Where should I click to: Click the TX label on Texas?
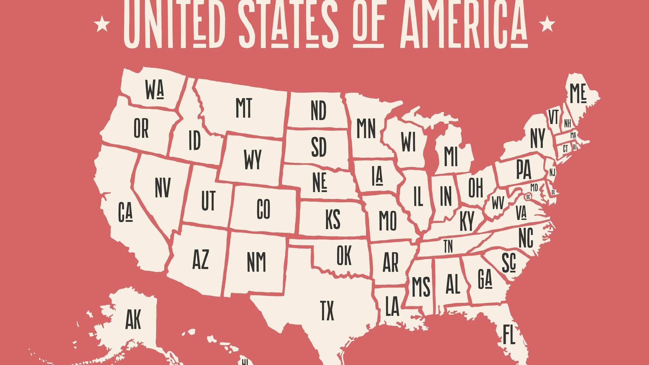tap(327, 311)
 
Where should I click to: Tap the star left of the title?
tap(102, 24)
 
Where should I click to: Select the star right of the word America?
tap(546, 24)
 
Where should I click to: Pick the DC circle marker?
tap(528, 197)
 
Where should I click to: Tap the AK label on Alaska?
tap(133, 319)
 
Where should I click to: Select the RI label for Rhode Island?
tap(575, 147)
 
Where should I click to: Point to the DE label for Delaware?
tap(553, 192)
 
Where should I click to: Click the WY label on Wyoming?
tap(252, 159)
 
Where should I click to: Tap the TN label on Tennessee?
tap(448, 246)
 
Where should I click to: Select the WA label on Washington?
tap(155, 90)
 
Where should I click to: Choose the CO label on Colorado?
tap(263, 209)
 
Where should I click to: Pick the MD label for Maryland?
tap(534, 187)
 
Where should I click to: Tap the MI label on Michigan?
tap(450, 156)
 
